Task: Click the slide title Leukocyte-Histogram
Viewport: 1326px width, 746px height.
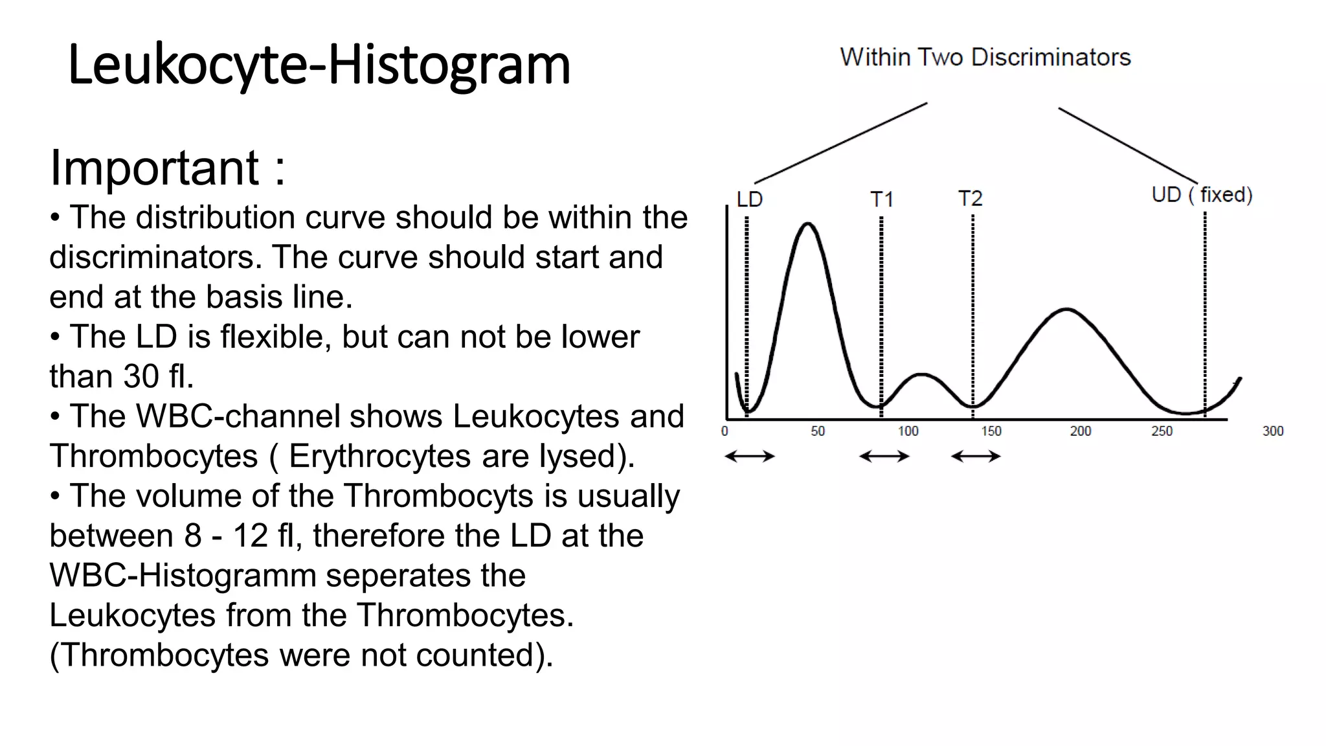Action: tap(319, 65)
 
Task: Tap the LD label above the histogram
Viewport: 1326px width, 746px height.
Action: tap(750, 199)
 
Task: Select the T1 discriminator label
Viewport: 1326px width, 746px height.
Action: tap(882, 199)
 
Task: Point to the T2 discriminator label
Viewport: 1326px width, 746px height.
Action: tap(971, 198)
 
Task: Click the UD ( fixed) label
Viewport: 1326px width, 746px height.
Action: tap(1202, 195)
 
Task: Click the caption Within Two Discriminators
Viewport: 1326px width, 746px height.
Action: tap(985, 58)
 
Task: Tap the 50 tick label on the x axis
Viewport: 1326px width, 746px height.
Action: tap(818, 431)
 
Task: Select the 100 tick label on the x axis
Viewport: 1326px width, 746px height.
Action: tap(908, 431)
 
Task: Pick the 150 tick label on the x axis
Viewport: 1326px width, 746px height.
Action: tap(991, 431)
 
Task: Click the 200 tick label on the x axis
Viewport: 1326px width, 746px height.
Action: tap(1080, 431)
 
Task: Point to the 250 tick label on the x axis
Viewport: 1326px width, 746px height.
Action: tap(1162, 431)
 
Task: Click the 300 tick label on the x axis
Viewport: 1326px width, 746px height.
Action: tap(1272, 431)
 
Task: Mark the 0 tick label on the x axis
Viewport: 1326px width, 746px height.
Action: tap(725, 431)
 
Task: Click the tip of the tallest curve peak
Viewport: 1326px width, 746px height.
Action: tap(807, 224)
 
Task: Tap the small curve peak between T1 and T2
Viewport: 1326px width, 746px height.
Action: tap(922, 374)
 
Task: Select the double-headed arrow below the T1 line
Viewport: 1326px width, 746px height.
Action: tap(884, 457)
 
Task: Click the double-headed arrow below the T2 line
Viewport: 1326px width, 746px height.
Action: tap(976, 457)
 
